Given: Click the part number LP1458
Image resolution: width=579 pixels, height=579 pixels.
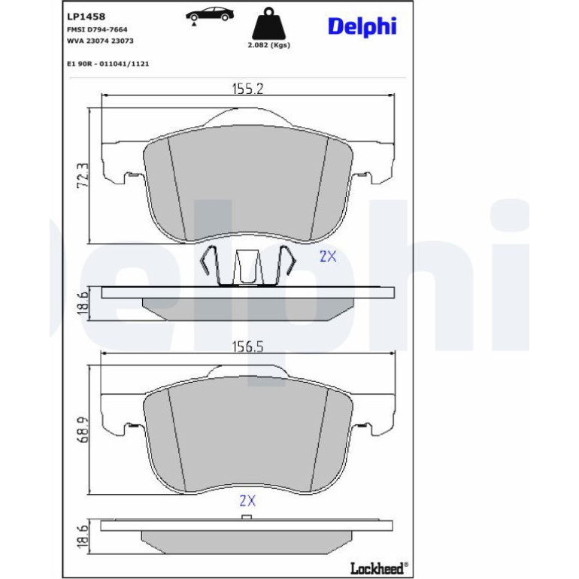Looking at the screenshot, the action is (x=86, y=17).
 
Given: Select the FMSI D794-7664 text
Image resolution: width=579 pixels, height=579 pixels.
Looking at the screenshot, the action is (x=97, y=29).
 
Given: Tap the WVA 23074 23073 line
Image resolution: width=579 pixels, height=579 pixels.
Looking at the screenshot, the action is (x=100, y=41).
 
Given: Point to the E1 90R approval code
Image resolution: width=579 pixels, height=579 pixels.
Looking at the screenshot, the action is (x=108, y=64).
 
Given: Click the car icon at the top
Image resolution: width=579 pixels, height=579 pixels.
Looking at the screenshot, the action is (x=210, y=16).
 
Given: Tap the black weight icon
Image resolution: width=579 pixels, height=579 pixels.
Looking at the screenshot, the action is (x=269, y=23).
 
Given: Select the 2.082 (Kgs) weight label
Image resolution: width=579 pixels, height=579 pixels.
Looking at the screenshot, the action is (x=269, y=45).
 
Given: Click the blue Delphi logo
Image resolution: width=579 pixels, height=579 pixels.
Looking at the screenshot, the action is (x=362, y=27).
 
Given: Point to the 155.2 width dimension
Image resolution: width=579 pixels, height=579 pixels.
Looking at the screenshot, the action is (x=247, y=89).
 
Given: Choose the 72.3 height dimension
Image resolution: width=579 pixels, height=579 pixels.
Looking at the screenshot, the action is (x=83, y=175).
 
